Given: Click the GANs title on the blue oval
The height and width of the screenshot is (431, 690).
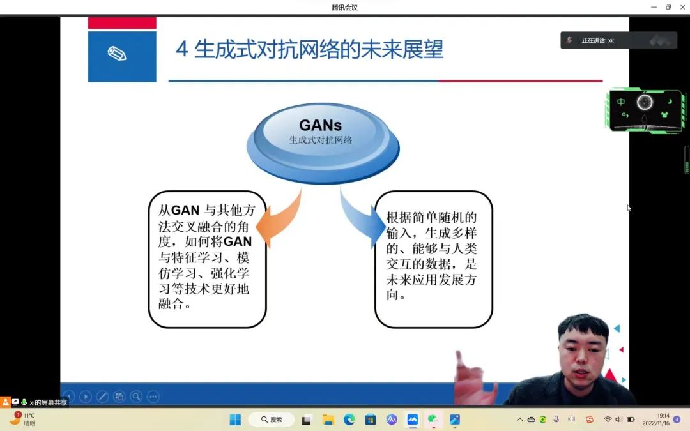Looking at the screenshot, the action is click(320, 125).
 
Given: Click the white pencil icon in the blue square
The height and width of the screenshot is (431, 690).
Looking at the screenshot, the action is click(118, 54).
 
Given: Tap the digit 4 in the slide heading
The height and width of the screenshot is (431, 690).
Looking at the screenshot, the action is click(181, 49).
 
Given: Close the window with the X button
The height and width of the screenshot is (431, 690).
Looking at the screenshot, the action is click(682, 7).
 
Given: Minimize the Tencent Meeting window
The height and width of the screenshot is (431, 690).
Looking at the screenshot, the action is click(654, 7).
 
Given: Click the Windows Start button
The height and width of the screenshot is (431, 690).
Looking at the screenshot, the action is click(235, 420).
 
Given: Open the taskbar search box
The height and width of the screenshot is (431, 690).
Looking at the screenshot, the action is click(271, 420).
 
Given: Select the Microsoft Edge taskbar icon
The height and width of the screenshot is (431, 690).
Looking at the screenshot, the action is click(349, 420).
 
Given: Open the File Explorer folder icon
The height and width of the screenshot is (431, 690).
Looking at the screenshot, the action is click(328, 420).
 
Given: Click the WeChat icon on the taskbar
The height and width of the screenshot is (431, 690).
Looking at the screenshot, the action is click(433, 420).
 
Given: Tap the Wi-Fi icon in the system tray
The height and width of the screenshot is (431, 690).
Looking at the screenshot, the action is click(608, 420).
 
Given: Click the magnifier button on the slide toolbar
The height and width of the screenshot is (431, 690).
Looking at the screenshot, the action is click(137, 397).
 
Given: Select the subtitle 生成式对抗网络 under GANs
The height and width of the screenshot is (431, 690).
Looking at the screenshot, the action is click(320, 140).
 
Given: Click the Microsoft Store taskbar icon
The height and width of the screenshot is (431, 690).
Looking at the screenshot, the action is click(371, 420).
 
